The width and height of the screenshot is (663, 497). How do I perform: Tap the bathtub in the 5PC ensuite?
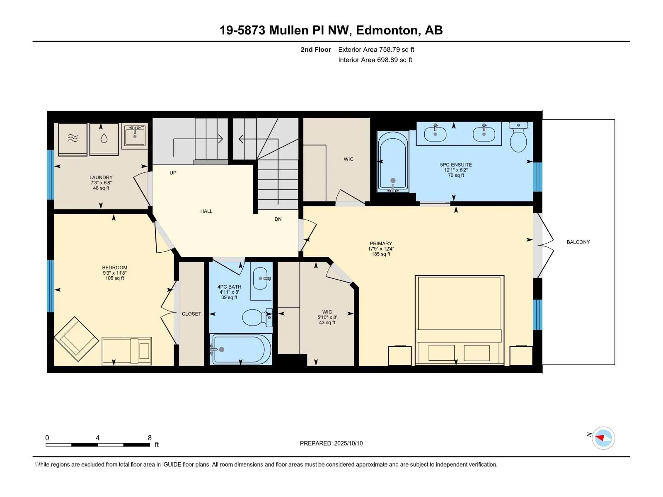tap(393, 162)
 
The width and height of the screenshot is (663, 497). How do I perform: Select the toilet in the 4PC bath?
tap(257, 317)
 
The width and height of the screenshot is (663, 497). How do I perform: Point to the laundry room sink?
tap(134, 136)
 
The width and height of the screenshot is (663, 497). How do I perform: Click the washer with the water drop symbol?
tap(104, 139)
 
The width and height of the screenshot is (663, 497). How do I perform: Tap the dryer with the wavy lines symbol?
tap(73, 139)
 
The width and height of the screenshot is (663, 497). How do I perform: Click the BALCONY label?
tap(578, 242)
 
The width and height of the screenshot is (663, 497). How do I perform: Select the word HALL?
tap(206, 211)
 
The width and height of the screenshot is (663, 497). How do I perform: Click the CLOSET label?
tap(191, 314)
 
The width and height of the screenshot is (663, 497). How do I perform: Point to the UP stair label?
tap(173, 173)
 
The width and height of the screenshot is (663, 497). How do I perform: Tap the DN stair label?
tap(278, 219)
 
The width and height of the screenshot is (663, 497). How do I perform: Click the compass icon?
tap(603, 438)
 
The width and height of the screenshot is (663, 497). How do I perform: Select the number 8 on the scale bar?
tap(150, 437)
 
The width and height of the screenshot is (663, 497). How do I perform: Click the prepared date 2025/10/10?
tap(348, 443)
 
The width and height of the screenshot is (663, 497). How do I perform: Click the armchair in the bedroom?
tap(76, 339)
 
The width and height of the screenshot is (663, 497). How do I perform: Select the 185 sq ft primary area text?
tap(380, 254)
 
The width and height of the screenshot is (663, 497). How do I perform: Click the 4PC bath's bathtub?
tap(241, 350)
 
